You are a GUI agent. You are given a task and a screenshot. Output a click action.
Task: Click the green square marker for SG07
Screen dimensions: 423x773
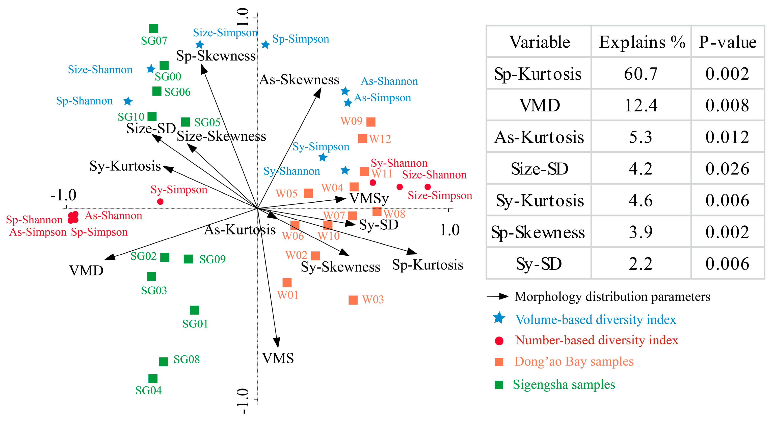153,28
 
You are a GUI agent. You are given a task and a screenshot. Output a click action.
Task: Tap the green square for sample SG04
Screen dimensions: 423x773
153,379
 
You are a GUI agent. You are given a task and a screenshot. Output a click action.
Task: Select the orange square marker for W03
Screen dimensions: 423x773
353,300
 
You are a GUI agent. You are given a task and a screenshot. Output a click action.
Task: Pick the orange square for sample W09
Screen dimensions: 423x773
371,122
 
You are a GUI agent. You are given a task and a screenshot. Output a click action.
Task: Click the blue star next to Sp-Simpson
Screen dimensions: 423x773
265,45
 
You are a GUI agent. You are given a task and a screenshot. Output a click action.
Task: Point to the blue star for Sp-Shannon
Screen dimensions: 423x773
128,101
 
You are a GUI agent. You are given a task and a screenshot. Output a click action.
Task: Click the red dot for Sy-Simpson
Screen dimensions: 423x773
160,202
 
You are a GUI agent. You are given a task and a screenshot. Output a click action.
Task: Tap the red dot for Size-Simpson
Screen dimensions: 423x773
428,187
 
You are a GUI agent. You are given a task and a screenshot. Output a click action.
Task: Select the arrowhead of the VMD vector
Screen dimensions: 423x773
109,257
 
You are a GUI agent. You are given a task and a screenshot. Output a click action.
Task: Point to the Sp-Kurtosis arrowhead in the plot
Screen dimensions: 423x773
412,251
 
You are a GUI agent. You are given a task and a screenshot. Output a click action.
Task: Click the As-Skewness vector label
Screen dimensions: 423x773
299,80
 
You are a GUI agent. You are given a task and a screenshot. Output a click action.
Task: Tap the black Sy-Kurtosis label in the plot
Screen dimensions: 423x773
125,166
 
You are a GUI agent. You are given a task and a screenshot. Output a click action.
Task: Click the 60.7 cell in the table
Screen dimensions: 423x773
641,74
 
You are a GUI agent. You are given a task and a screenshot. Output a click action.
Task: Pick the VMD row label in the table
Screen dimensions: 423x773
540,106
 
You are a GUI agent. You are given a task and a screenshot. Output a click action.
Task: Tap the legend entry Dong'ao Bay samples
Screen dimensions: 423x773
574,361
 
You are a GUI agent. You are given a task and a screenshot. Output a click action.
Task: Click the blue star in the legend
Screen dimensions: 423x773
499,318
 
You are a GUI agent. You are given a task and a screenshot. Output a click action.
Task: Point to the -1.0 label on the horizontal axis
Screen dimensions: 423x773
63,195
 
